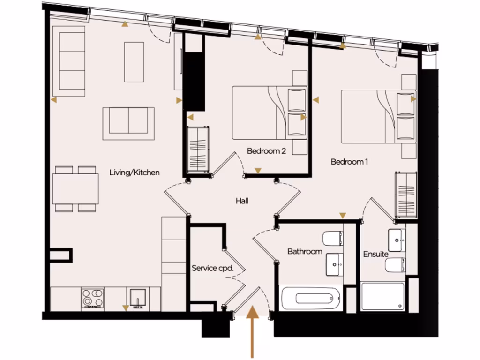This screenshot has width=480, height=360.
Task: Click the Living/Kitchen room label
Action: tap(134, 172)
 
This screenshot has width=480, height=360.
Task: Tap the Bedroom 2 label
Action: tap(266, 151)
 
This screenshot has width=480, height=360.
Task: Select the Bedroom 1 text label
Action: tap(349, 162)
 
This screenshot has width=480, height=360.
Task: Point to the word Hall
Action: tap(242, 201)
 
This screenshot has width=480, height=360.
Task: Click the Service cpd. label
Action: tap(212, 269)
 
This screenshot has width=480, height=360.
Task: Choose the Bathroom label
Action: tap(305, 252)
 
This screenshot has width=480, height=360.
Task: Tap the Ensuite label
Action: tap(375, 254)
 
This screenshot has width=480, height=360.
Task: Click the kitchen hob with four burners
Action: tap(92, 298)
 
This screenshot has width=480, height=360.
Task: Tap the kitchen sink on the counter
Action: tap(136, 298)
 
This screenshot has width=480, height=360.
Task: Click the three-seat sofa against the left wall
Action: tap(69, 61)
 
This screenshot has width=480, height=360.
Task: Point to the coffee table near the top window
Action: tap(134, 62)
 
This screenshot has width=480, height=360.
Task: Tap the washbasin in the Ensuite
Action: tap(396, 240)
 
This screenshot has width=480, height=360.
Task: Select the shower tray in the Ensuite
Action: tap(382, 296)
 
